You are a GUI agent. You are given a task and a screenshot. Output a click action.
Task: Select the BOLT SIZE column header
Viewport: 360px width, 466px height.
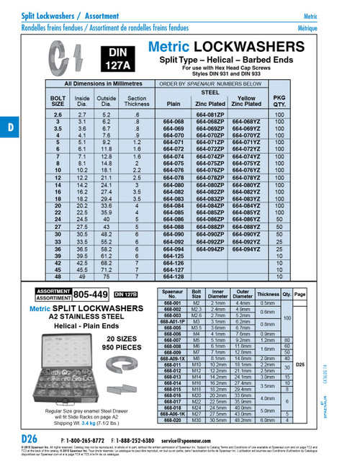point(58,101)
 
